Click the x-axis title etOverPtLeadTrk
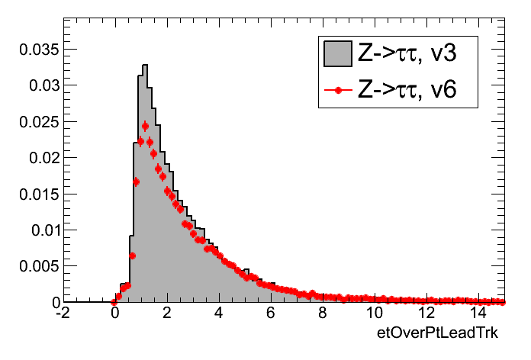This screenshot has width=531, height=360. (442, 334)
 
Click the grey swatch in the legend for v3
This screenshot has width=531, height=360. (337, 53)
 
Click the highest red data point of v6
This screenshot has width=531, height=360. (145, 126)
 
